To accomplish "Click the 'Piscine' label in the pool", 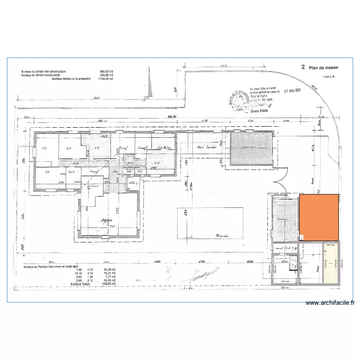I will point(221,236).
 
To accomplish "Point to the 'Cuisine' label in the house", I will point(93,186).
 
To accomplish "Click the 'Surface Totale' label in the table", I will point(80,284).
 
